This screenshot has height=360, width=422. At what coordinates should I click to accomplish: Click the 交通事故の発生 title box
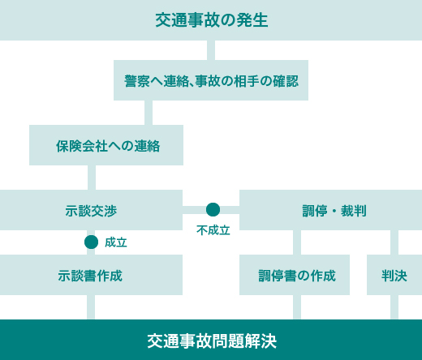point(211,20)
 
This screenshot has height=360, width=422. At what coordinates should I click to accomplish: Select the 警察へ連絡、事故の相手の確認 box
point(211,80)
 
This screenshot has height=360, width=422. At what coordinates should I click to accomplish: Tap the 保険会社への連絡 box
point(106,145)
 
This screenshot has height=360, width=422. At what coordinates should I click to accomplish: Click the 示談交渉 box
point(91,210)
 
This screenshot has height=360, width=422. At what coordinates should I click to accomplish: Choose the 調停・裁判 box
point(330,210)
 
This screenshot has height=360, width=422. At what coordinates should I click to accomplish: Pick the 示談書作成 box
point(91,275)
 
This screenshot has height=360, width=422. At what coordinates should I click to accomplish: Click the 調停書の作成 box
point(295,275)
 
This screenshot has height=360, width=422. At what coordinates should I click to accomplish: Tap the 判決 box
point(394,275)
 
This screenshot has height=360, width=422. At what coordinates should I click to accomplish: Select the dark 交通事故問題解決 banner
point(211,340)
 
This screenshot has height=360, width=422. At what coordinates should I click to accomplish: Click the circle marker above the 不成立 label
point(213,210)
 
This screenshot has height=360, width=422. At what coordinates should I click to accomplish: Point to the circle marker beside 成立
point(91,242)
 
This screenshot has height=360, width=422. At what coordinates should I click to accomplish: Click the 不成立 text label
point(213,230)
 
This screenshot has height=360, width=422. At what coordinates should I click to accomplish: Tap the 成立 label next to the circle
point(116,242)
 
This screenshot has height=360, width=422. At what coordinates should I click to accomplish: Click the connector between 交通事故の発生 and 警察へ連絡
point(211,50)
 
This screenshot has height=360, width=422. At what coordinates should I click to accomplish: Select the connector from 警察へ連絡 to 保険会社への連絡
point(149,113)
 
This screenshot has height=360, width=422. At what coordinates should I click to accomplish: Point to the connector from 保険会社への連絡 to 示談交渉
point(92,178)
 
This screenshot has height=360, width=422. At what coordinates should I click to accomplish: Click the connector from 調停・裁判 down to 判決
point(394,242)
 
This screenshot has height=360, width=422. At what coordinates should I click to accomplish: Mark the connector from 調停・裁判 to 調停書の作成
point(297,242)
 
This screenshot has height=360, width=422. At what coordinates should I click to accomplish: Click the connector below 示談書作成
point(91,307)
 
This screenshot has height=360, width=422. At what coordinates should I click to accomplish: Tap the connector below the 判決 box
point(394,307)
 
